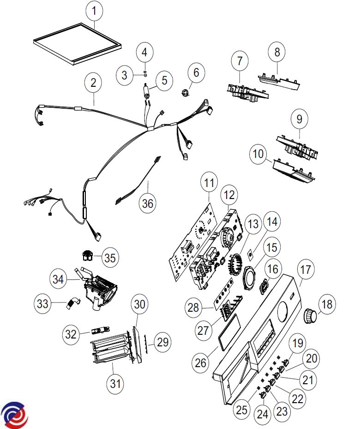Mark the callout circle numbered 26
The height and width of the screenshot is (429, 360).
point(201,363)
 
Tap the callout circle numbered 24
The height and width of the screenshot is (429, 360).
point(262,414)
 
